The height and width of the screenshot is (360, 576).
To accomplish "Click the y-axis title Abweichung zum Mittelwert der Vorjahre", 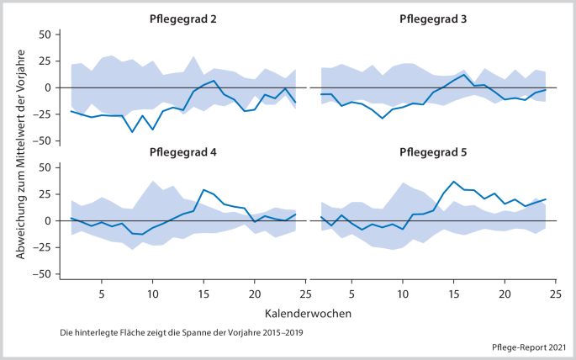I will (19, 154).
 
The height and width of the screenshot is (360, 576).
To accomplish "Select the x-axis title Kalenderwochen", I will (307, 312).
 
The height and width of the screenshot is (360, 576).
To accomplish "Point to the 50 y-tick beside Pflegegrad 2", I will (44, 34).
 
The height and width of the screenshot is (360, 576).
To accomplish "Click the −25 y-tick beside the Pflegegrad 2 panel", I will (40, 114).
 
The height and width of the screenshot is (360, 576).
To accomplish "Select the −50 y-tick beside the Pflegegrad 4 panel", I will (40, 274).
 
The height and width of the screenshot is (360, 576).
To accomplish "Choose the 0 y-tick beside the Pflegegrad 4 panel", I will (48, 220).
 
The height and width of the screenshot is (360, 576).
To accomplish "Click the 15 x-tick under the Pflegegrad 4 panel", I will (203, 294).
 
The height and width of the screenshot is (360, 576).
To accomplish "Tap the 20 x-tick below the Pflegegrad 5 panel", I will (505, 294).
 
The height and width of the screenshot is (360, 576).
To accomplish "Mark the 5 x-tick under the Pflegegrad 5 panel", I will (352, 294).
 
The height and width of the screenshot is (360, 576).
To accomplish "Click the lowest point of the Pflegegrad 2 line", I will (132, 132).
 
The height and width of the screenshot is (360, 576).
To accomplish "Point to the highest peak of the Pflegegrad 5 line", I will (454, 181).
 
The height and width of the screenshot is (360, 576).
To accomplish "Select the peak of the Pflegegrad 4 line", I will (203, 190).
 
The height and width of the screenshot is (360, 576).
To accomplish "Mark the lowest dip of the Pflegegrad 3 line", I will (383, 118).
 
